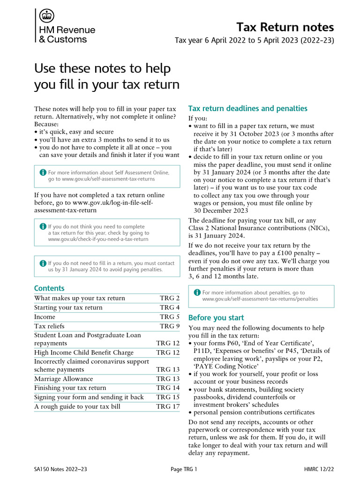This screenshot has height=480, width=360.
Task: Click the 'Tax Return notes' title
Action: (x=285, y=27)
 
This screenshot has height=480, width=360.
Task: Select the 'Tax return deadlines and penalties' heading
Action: (x=247, y=109)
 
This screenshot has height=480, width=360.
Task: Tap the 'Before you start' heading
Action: (x=216, y=317)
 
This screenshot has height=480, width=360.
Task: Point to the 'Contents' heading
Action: (x=49, y=288)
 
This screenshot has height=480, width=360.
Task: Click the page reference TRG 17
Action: (x=168, y=407)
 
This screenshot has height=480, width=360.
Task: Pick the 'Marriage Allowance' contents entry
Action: (x=63, y=379)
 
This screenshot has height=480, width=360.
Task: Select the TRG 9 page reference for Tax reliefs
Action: (x=170, y=326)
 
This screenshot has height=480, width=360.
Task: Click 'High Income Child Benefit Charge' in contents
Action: (x=83, y=352)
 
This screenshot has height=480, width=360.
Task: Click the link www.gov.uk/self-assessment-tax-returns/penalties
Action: (x=260, y=299)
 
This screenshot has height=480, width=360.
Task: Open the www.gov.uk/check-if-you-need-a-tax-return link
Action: (x=98, y=239)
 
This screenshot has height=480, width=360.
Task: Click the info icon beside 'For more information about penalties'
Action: (x=197, y=292)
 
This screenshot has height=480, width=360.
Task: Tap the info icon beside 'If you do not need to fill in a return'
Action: (x=43, y=263)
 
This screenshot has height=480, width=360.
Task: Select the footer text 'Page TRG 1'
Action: (x=184, y=469)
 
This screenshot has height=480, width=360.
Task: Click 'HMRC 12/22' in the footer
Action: (x=319, y=469)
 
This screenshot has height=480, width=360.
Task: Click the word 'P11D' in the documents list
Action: (x=202, y=351)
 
